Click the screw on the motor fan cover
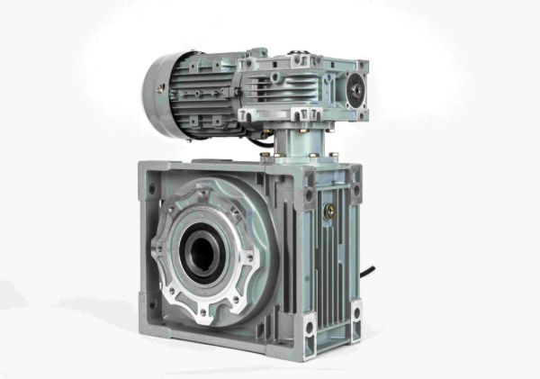tap(161, 88)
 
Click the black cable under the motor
tap(266, 139)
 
